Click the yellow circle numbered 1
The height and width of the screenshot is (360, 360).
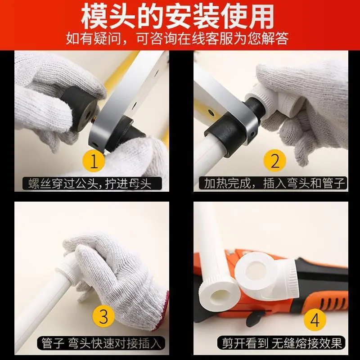coord(94,161)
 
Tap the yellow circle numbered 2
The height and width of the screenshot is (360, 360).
coord(275,161)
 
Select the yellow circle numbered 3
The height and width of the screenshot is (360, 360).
coord(103,316)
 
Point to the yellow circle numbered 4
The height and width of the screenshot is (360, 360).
coord(315,319)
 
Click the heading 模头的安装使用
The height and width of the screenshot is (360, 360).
coord(177,17)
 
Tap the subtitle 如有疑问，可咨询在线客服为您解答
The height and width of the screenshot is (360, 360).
coord(177,39)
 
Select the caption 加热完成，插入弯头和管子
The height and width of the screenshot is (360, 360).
coord(274,183)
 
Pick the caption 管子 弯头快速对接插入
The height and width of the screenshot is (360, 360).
coord(101,343)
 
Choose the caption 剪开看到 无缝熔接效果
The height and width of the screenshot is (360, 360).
coord(282,343)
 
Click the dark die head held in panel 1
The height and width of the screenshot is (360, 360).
coord(79,108)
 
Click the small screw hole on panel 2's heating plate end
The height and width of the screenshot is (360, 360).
coord(252,133)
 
